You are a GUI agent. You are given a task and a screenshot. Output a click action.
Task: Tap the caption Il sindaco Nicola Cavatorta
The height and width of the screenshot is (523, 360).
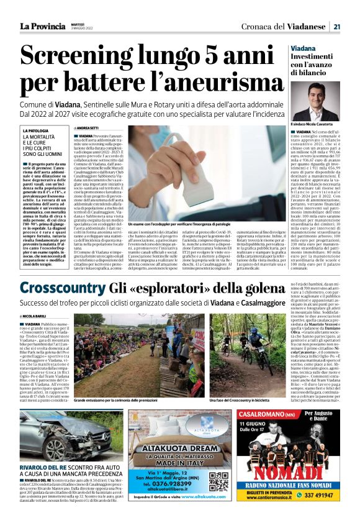pos(317,125)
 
